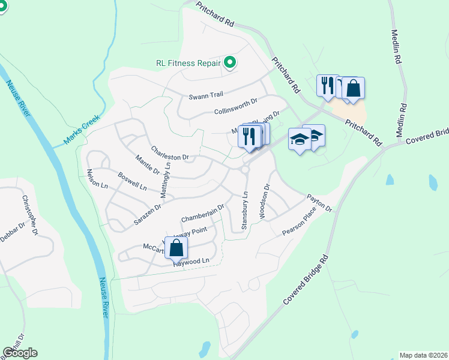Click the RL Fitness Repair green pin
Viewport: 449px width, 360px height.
coord(229,62)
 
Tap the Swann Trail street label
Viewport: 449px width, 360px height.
coord(206,95)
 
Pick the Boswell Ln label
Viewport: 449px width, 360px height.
coord(133,182)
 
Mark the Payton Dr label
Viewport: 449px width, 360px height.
coord(319,202)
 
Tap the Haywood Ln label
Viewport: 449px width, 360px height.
coord(191,262)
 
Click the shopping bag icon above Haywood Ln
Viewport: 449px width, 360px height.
coord(176,247)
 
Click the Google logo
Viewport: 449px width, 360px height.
coord(20,353)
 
